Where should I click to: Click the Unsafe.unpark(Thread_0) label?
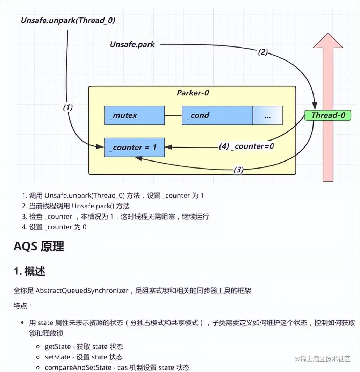(x=68, y=20)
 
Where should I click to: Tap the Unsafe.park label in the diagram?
(x=132, y=44)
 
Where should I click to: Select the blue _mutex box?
(x=134, y=115)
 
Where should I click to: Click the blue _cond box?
(x=217, y=115)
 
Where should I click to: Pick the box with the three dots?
(x=267, y=116)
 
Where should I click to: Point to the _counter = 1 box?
(x=134, y=147)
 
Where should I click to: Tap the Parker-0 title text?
(x=193, y=93)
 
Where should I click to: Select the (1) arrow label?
(x=68, y=107)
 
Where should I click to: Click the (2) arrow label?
(x=262, y=52)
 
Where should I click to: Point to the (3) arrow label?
(x=238, y=170)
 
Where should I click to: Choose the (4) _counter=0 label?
(x=246, y=146)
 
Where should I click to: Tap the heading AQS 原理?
(x=39, y=246)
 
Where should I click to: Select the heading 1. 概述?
(x=29, y=271)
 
